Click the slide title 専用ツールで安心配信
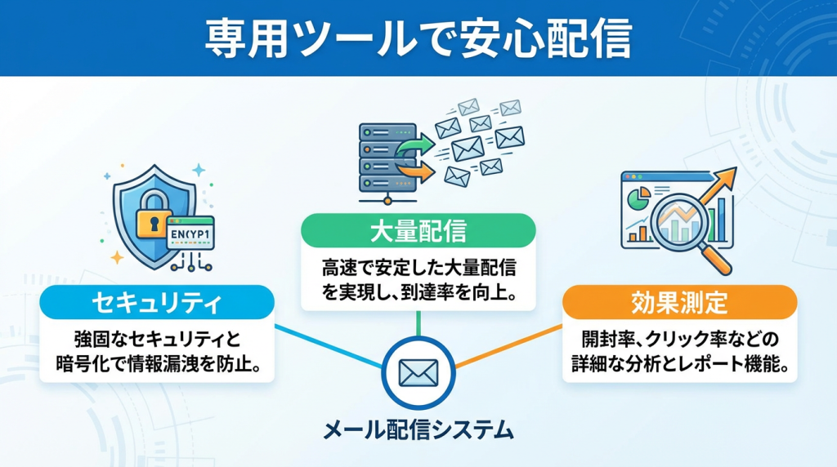tap(418, 38)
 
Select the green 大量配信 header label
tap(418, 232)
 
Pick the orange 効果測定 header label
tap(679, 302)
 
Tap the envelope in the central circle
tap(418, 371)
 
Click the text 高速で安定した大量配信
tap(418, 269)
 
